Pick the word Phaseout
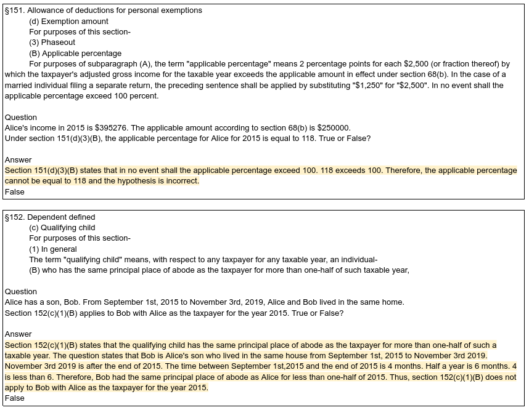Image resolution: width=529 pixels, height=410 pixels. [58, 42]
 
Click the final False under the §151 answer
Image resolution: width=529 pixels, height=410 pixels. [15, 192]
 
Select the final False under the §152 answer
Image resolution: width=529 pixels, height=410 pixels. [15, 398]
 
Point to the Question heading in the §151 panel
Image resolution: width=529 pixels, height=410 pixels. [21, 117]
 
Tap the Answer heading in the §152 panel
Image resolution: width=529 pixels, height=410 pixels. [18, 334]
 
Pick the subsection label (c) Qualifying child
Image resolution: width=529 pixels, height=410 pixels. [62, 228]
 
